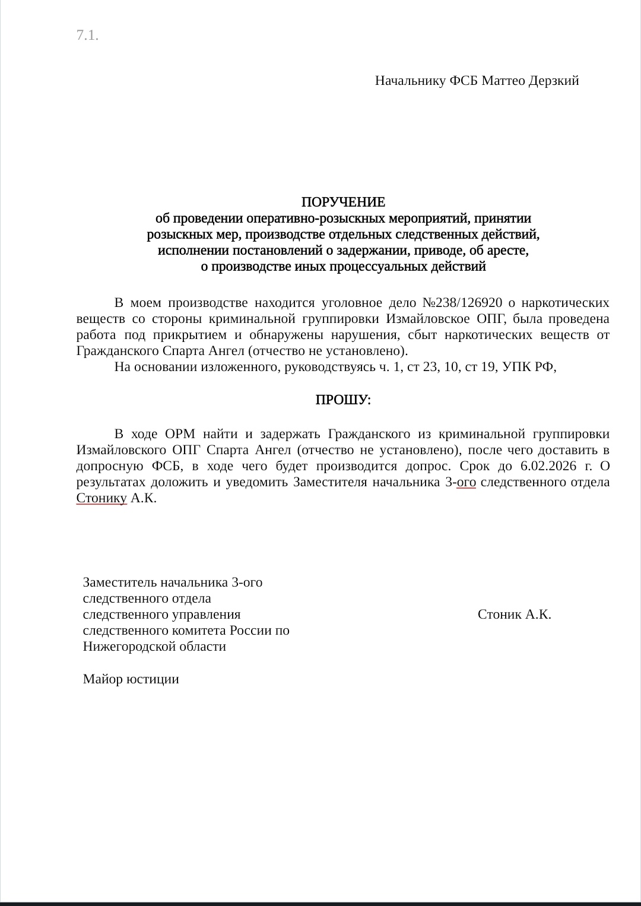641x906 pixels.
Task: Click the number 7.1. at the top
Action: pos(87,36)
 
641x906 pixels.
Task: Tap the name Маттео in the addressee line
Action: pos(503,81)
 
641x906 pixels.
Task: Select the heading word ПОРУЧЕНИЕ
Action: pos(343,202)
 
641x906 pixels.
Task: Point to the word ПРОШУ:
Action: pos(343,401)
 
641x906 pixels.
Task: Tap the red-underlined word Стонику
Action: pos(101,498)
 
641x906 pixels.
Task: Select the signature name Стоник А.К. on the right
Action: pos(514,614)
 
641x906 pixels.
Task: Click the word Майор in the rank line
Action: pos(102,679)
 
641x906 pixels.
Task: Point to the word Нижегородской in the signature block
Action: pos(124,647)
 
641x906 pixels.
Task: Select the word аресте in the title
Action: pos(508,251)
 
